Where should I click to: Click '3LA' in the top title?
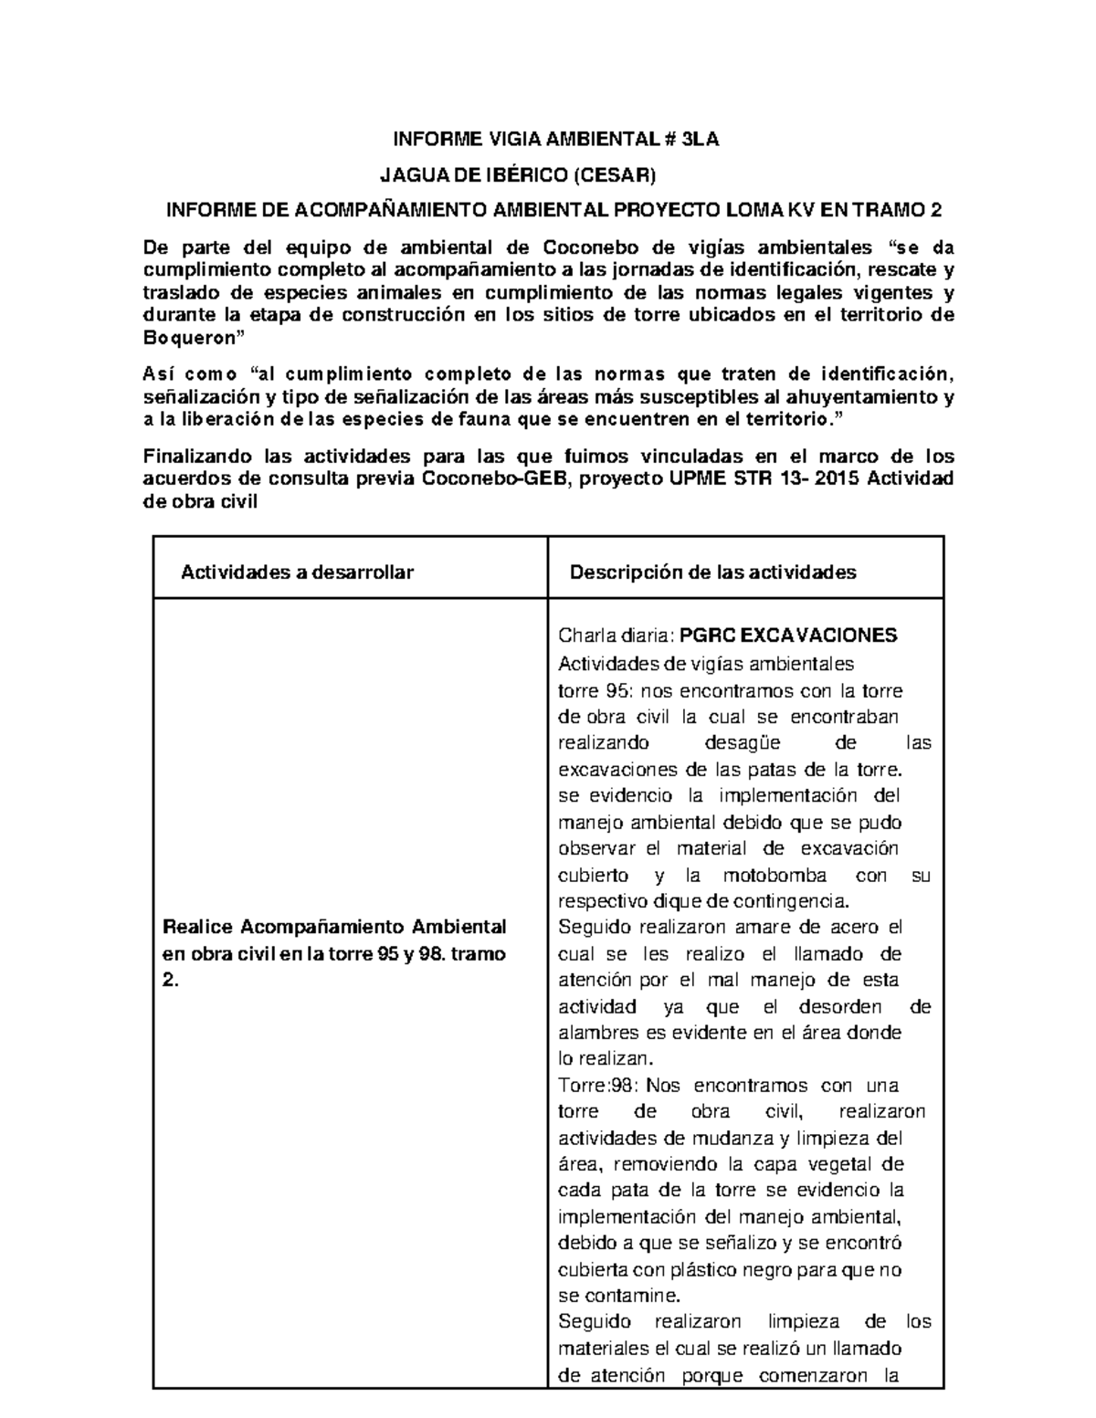pyautogui.click(x=700, y=139)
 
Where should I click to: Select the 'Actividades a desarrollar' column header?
pyautogui.click(x=298, y=572)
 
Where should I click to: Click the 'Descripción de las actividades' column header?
pyautogui.click(x=712, y=572)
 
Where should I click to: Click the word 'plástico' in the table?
pyautogui.click(x=708, y=1270)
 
